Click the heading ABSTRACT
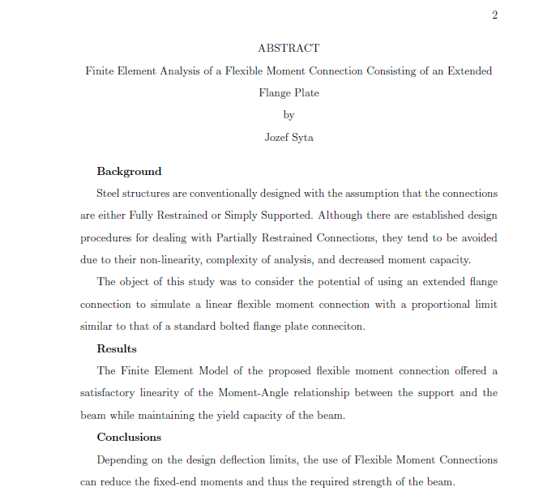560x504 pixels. (289, 49)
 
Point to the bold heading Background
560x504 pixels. (129, 172)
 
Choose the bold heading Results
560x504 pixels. (117, 349)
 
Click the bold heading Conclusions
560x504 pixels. (129, 438)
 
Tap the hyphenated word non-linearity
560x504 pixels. (157, 260)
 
